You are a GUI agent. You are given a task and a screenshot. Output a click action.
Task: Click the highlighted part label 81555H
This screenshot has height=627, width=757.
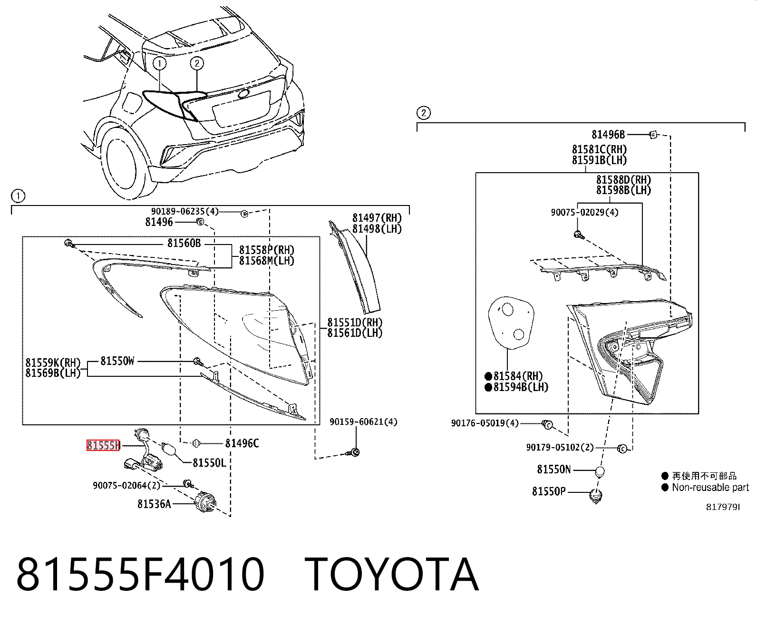tap(103, 445)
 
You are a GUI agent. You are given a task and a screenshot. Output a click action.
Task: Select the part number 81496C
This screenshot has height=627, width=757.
tap(242, 443)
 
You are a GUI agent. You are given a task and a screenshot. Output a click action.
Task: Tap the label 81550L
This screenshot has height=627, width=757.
tap(209, 462)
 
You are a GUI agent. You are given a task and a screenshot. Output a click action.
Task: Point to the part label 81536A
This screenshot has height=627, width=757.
tap(154, 504)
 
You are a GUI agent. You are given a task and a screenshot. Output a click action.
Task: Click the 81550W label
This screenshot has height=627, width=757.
tap(117, 361)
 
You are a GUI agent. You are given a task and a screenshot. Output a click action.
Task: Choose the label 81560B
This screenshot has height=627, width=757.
tap(184, 243)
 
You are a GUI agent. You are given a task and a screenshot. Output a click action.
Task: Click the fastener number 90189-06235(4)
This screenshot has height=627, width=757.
tap(185, 211)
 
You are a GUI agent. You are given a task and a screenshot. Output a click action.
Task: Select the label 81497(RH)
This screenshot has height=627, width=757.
tap(377, 218)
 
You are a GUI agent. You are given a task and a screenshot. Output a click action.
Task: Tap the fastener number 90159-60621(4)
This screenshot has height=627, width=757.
tap(363, 421)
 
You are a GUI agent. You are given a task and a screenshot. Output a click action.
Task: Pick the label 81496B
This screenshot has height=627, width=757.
tap(608, 135)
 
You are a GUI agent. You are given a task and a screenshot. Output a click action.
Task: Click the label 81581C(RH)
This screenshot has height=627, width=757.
tap(599, 149)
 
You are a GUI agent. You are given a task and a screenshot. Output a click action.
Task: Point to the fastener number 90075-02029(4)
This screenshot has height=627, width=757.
tap(584, 212)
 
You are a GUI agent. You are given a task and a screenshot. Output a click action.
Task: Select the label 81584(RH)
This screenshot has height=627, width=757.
tap(514, 376)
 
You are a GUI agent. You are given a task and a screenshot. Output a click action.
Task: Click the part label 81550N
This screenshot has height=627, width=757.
tap(553, 469)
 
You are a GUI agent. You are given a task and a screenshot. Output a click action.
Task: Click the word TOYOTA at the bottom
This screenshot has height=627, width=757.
tap(391, 575)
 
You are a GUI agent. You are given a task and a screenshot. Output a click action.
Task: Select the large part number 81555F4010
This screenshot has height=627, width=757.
tap(140, 575)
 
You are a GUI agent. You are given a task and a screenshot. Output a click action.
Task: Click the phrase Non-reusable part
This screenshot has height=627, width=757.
tap(710, 487)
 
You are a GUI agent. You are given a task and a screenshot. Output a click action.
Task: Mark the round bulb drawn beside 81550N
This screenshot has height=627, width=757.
tap(600, 471)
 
